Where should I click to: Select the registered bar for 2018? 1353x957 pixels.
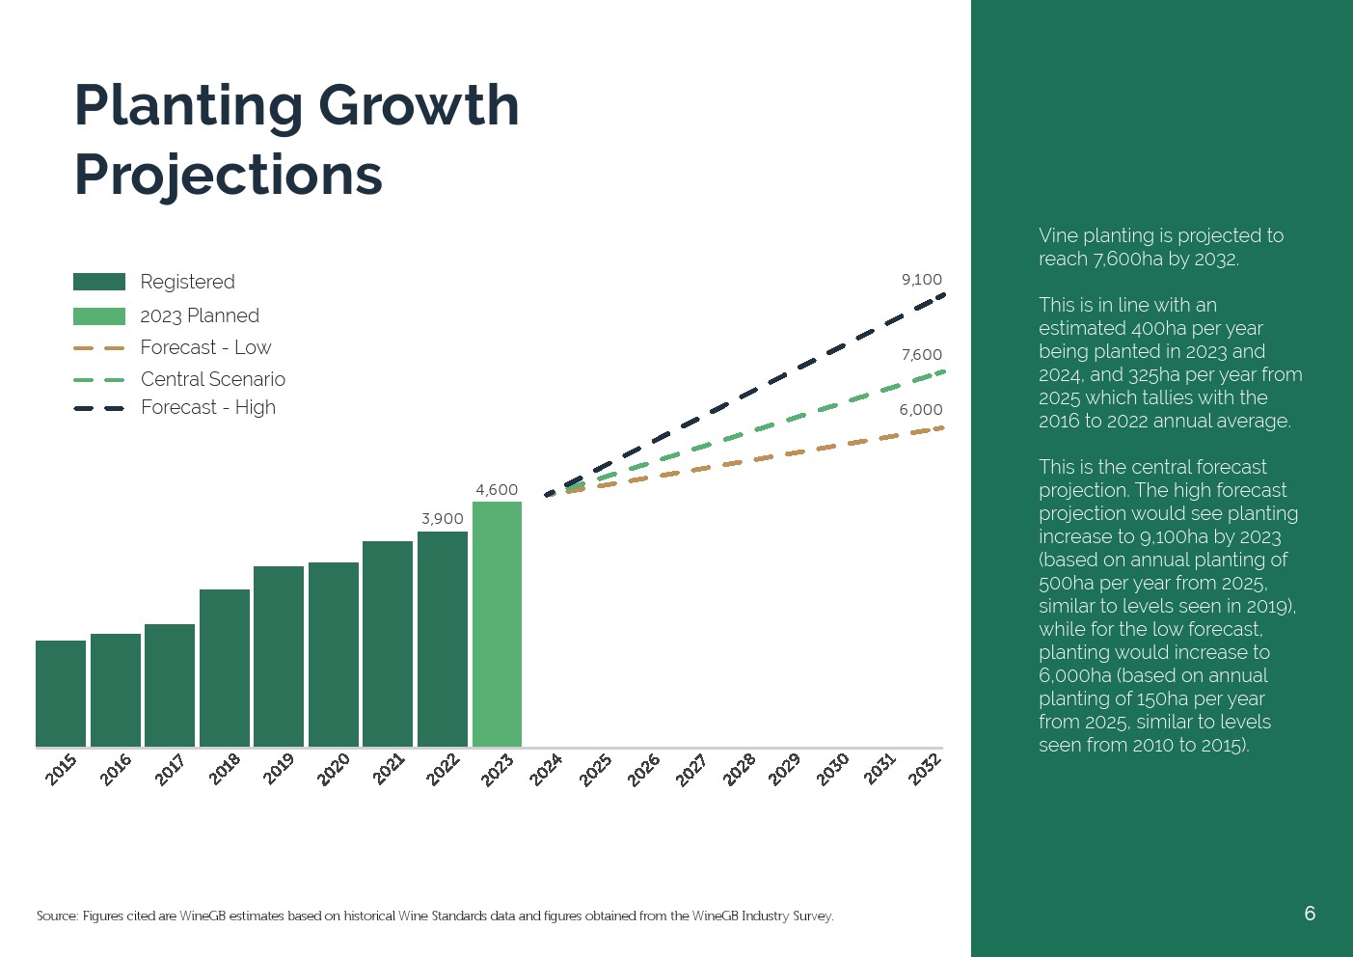(x=225, y=668)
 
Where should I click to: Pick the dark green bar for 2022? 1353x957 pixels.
(x=443, y=639)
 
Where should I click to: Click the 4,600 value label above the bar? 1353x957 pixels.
(x=497, y=490)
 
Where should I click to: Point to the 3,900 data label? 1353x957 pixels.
(x=443, y=519)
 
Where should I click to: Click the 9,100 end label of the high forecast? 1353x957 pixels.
(x=922, y=280)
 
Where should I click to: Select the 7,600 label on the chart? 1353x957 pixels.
(x=922, y=355)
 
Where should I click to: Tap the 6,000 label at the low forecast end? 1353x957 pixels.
(x=921, y=410)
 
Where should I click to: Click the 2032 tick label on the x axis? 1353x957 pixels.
(x=925, y=770)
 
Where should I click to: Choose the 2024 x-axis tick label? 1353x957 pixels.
(x=546, y=770)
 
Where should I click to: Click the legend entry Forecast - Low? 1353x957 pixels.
(x=205, y=347)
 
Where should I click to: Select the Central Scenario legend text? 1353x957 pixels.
(x=213, y=379)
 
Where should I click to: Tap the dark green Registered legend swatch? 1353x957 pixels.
(x=99, y=282)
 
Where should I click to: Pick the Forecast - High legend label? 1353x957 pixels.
(x=208, y=407)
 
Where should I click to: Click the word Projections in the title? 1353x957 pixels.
(x=229, y=175)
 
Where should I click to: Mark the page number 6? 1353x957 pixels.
(x=1310, y=914)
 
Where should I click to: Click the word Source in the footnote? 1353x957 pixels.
(x=56, y=916)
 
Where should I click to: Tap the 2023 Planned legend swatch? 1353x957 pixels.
(x=99, y=316)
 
